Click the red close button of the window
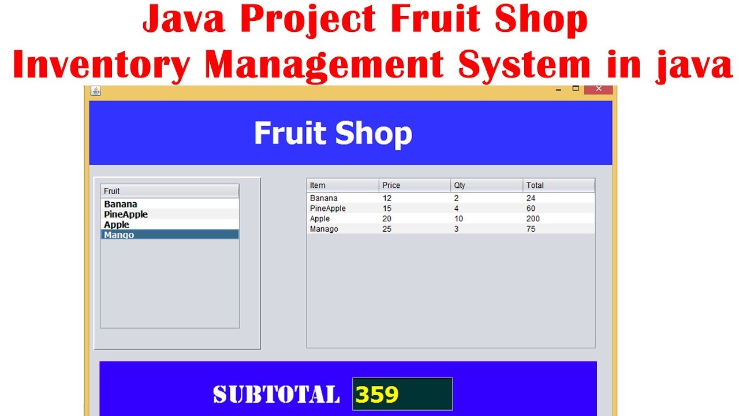tap(598, 89)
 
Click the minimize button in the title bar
tap(558, 90)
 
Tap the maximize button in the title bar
tap(576, 88)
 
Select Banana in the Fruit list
tap(121, 204)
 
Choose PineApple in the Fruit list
tap(126, 214)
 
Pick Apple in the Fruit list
tap(117, 225)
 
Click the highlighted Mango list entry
tap(119, 235)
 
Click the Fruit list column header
tap(170, 191)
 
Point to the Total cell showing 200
tap(533, 219)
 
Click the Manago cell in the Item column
tap(324, 229)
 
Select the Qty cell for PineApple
tap(457, 209)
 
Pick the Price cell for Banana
tap(387, 198)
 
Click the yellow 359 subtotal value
tap(377, 395)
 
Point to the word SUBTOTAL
tap(276, 395)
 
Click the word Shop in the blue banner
tap(374, 133)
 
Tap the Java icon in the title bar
tap(96, 90)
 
